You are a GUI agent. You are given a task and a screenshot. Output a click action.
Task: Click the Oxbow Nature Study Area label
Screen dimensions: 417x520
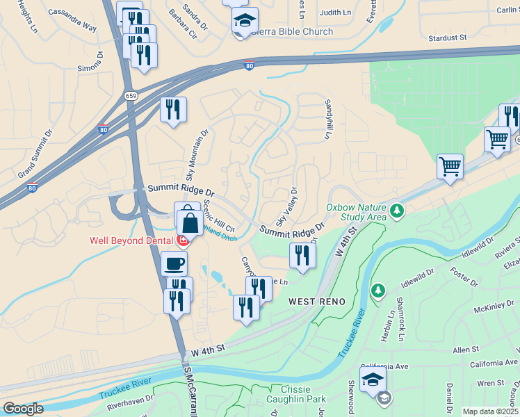pyautogui.click(x=357, y=212)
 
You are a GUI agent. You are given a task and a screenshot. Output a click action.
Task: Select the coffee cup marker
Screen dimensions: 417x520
pyautogui.click(x=174, y=263)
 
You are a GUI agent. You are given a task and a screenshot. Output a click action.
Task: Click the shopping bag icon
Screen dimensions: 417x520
pyautogui.click(x=190, y=224)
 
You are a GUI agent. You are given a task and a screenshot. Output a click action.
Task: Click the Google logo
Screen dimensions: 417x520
pyautogui.click(x=23, y=408)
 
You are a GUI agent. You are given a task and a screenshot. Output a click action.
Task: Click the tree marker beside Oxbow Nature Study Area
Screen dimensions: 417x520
pyautogui.click(x=397, y=210)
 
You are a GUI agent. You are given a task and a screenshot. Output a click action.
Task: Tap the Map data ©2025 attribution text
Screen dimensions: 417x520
pyautogui.click(x=490, y=411)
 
